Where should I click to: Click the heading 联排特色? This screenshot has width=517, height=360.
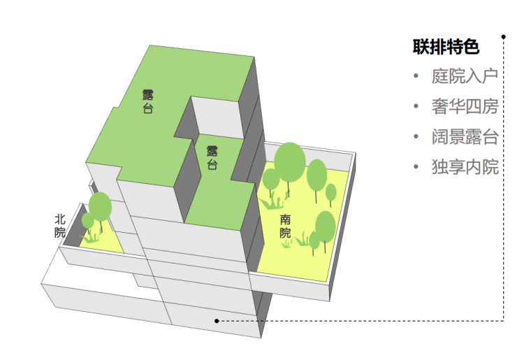[446, 47]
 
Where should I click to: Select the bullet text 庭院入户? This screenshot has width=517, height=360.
[465, 76]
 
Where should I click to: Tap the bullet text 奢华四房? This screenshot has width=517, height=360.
[465, 106]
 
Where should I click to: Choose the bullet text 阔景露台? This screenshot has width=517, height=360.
[465, 136]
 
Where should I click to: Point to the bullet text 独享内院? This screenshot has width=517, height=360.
[465, 166]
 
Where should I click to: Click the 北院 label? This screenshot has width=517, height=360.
[60, 226]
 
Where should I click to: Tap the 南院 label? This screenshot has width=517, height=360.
[285, 226]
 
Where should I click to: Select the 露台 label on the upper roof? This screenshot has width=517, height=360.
[147, 101]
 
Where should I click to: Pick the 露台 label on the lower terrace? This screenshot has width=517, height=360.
[212, 157]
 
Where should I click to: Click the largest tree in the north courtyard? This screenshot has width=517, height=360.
[100, 207]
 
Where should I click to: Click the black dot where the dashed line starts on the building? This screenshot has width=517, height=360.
[217, 321]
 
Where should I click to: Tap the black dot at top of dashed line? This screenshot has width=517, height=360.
[504, 36]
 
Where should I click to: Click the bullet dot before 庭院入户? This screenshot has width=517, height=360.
[416, 76]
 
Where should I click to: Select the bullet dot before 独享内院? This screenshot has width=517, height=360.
[416, 166]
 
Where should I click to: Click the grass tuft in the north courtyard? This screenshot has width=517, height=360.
[90, 236]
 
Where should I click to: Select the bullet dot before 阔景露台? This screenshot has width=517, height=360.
[416, 136]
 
